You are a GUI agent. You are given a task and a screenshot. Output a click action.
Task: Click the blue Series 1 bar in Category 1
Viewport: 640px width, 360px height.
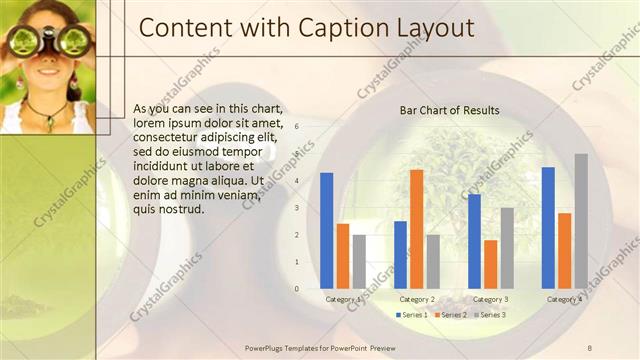tap(326, 231)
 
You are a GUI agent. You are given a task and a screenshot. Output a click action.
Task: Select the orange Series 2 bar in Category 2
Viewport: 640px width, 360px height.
tap(416, 229)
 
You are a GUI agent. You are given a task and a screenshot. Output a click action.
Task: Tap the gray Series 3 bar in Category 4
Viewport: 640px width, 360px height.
tap(581, 221)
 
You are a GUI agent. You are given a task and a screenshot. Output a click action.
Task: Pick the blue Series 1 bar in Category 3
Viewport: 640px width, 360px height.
tap(474, 241)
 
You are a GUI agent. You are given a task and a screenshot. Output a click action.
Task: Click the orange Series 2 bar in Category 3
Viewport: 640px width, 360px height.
tap(490, 264)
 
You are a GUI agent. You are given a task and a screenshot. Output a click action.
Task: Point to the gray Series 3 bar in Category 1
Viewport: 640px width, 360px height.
tap(359, 261)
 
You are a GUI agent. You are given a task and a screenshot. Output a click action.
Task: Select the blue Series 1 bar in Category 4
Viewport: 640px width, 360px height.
tap(548, 228)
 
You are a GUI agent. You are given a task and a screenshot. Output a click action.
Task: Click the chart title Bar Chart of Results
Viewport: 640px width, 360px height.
tap(449, 110)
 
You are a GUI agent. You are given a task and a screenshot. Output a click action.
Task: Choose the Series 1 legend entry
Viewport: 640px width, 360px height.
tap(411, 315)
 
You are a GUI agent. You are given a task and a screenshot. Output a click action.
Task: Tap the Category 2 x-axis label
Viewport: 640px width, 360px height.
tap(416, 299)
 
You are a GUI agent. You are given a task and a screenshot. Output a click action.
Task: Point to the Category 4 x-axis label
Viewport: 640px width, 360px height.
tap(564, 299)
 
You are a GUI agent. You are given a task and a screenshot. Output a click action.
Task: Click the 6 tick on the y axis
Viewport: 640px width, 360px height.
tap(296, 126)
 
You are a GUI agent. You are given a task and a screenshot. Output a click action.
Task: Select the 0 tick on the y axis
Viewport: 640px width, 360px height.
tap(296, 289)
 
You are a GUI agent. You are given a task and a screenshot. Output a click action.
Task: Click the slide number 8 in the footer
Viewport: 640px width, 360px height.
tap(589, 346)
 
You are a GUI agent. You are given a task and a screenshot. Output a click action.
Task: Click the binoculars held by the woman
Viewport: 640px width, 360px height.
tap(47, 41)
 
